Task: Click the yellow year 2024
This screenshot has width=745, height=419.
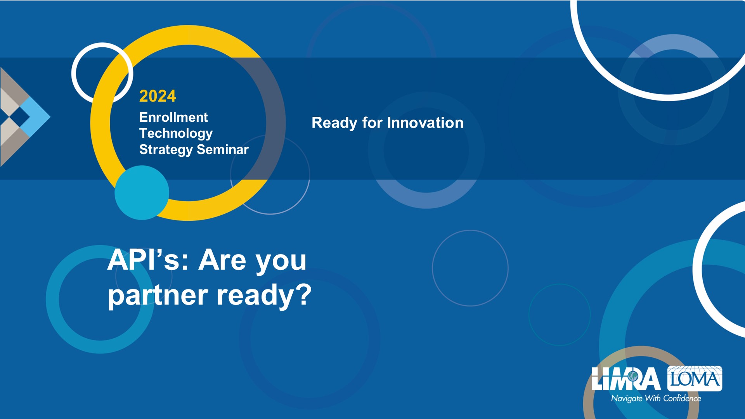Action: coord(158,96)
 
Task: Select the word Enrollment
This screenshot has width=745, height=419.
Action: coord(173,117)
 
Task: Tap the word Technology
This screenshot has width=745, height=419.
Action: coord(176,134)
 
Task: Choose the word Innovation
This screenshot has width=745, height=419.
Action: coord(425,123)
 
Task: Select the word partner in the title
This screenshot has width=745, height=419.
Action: coord(158,296)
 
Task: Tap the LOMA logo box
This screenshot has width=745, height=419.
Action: coord(695,378)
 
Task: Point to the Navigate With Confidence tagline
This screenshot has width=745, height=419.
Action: coord(656,398)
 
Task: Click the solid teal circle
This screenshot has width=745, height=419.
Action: coord(142,193)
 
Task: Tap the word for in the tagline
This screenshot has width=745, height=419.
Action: coord(372,123)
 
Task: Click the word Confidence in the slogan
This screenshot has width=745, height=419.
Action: coord(682,398)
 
